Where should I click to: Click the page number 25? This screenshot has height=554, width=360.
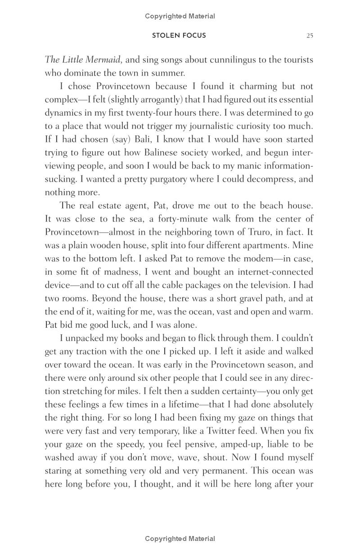(310, 36)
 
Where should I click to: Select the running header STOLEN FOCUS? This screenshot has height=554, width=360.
(179, 36)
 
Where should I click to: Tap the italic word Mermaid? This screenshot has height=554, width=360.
(102, 60)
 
